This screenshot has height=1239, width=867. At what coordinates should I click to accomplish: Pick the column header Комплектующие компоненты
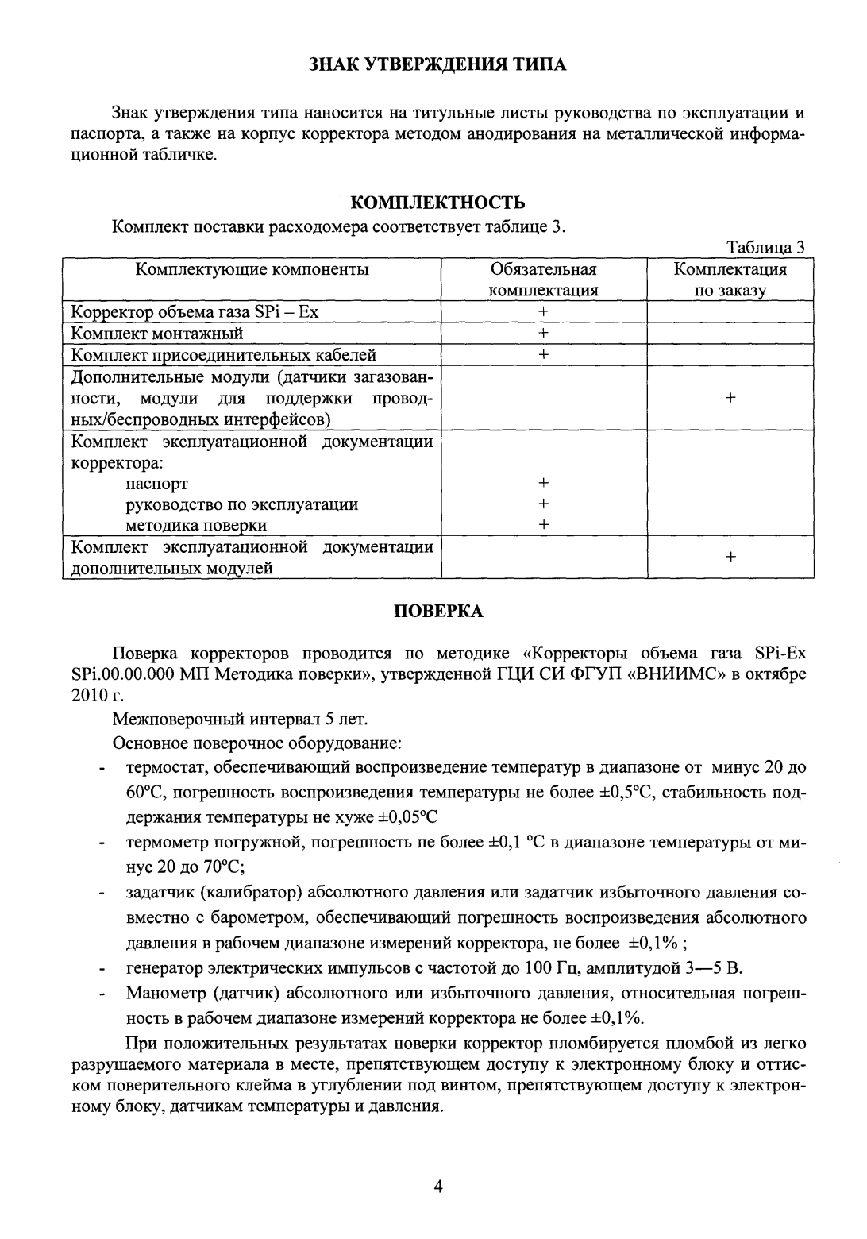coord(252,269)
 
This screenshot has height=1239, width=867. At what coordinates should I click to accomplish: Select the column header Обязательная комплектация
coord(543,280)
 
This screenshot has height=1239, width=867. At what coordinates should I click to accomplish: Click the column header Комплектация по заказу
coord(730,280)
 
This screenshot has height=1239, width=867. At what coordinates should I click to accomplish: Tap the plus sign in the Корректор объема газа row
coord(544,312)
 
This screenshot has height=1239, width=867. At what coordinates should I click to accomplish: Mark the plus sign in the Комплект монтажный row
coord(544,333)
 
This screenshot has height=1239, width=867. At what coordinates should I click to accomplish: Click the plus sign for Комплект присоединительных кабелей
coord(544,354)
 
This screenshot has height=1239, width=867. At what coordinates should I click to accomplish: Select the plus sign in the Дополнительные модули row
coord(730,397)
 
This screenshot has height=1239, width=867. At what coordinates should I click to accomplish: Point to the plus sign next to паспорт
coord(544,482)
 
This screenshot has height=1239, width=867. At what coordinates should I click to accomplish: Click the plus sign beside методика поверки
coord(544,524)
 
